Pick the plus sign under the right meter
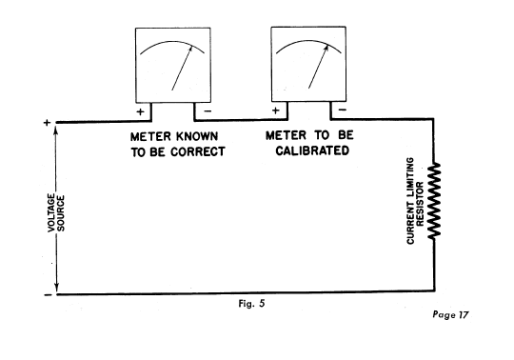tap(276, 110)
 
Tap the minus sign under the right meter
tap(339, 110)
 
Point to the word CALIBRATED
tap(311, 151)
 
